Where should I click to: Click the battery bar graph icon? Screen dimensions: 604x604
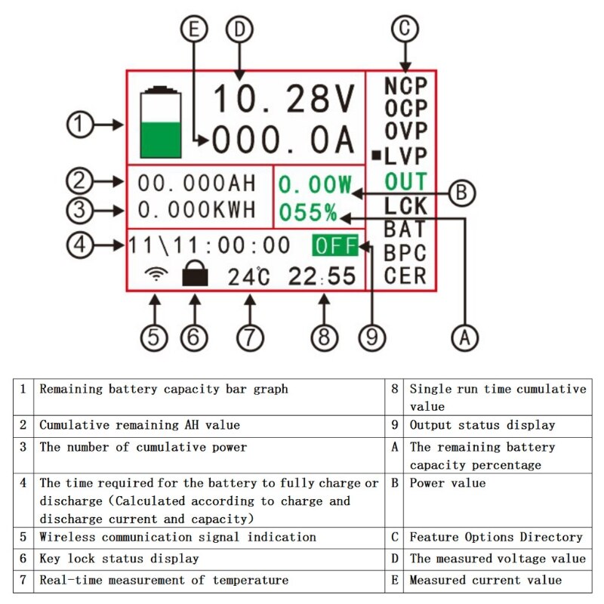point(161,122)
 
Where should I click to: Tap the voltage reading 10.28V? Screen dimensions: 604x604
point(283,99)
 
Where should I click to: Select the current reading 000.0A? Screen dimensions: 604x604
point(283,140)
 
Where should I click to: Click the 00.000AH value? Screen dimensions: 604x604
point(197,183)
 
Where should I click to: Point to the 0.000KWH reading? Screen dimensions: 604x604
point(197,209)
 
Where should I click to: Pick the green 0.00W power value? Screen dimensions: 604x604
point(316,184)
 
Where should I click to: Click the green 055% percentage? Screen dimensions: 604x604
point(308,212)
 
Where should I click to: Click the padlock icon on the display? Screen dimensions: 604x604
point(195,276)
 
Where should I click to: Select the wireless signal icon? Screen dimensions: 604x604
point(156,275)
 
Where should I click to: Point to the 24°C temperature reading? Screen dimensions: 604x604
point(248,276)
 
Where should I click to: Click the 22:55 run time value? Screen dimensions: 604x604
point(322,276)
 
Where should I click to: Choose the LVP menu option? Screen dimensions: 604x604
point(405,157)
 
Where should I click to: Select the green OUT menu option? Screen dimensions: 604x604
point(405,182)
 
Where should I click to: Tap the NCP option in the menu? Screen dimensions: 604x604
point(405,86)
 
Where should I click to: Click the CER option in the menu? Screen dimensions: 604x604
point(405,276)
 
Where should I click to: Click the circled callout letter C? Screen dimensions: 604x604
point(405,29)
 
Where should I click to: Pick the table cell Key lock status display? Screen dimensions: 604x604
point(119,559)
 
